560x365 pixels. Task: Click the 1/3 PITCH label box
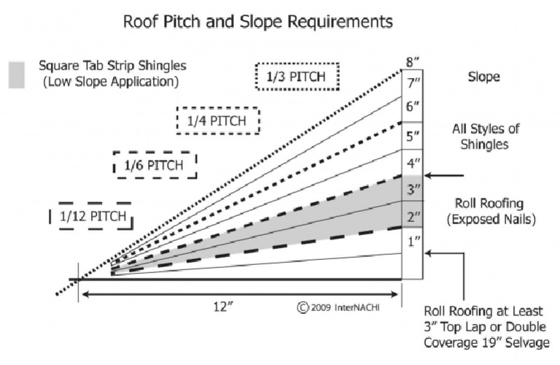[297, 76]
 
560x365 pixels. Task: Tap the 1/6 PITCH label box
[155, 165]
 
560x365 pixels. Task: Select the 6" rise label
[412, 107]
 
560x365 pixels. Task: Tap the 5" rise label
[412, 135]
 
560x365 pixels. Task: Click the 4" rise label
[412, 162]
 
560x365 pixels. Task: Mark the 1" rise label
[412, 242]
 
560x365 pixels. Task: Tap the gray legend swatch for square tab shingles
[16, 74]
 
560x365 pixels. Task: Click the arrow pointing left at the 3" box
[445, 175]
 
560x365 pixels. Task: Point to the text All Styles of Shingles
[485, 137]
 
